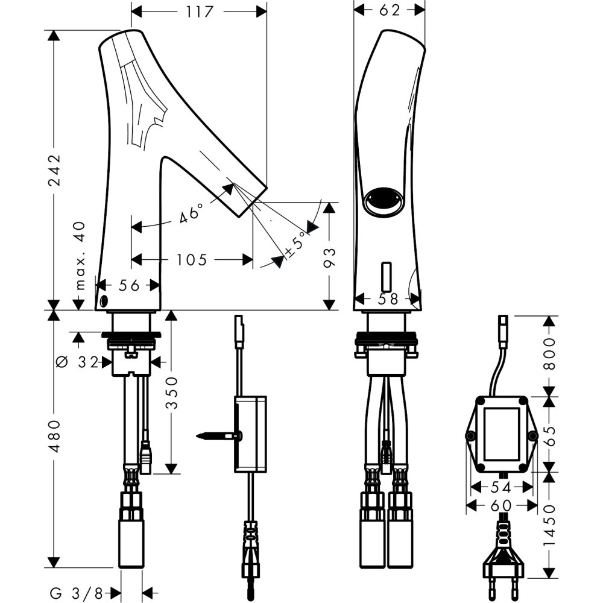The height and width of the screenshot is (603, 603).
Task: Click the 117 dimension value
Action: point(199,11)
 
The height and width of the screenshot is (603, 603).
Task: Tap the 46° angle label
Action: point(192,214)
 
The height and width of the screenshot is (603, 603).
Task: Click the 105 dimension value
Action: point(192,260)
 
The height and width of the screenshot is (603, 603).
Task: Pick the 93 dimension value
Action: point(329,256)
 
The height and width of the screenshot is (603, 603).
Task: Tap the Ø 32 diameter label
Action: point(79,362)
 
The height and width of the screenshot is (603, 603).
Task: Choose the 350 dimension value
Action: point(172,393)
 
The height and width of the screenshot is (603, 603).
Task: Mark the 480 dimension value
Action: point(55,437)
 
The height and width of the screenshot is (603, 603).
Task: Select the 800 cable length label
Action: point(548,355)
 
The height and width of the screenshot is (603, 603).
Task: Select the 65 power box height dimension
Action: point(548,434)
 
